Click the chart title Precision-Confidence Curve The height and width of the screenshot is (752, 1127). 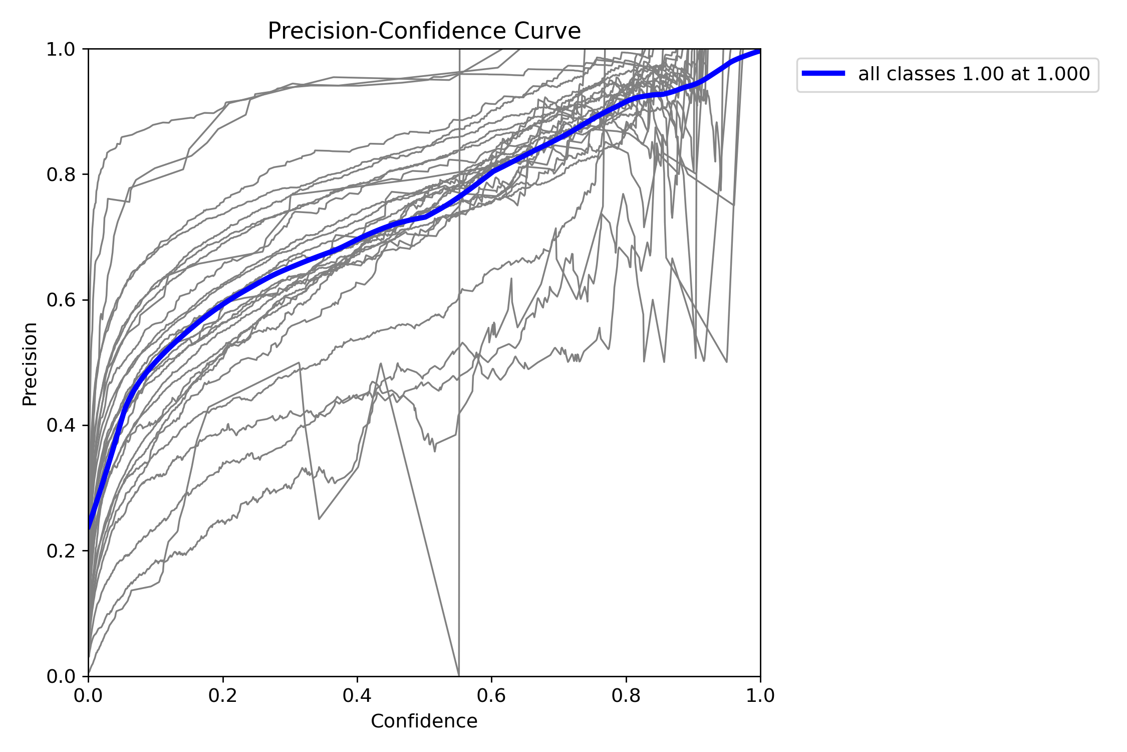coord(424,31)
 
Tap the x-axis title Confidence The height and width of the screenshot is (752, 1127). coord(424,721)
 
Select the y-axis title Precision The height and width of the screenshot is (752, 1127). coord(30,364)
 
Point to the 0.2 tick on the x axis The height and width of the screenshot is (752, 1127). coord(223,696)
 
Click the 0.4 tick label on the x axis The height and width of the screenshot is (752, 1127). coord(357,696)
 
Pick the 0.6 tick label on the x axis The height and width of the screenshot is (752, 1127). coord(491,696)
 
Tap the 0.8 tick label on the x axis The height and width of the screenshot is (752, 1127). coord(626,696)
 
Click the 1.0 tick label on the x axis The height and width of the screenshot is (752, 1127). coord(760,696)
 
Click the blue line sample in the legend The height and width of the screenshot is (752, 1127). coord(823,74)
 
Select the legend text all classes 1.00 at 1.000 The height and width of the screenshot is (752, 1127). coord(974,74)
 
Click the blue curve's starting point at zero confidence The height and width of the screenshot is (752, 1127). coord(90,526)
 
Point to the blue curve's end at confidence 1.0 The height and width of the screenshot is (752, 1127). coord(759,50)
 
